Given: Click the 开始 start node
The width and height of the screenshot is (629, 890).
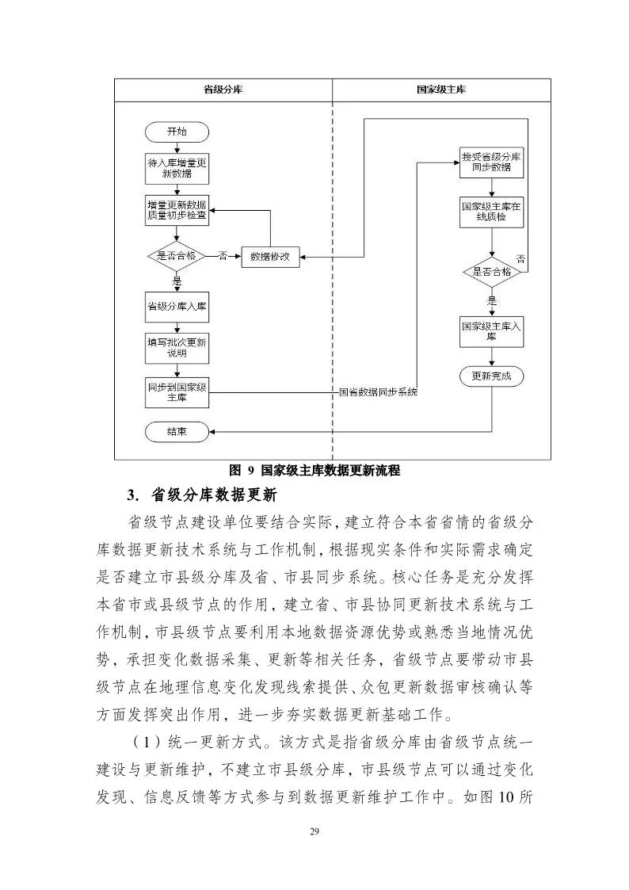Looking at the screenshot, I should coord(177,132).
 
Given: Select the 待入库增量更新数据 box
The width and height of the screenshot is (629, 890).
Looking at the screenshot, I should coord(177,167).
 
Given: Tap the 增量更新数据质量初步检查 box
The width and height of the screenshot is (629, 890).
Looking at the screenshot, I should coord(177,210).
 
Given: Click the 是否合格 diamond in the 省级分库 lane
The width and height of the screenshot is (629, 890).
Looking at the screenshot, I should coord(177,256).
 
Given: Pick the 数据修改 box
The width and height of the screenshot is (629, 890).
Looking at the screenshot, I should coord(270,256).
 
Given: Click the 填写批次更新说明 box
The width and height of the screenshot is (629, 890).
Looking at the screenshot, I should coord(177,348).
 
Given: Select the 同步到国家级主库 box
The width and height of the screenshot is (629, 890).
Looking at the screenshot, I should coord(177,392).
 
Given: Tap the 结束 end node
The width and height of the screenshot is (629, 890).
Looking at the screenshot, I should coord(177,432).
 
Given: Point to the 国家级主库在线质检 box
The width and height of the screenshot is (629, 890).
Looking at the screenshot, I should coord(491,211).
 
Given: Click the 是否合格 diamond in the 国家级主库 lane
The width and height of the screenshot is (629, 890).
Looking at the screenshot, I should coord(491,271).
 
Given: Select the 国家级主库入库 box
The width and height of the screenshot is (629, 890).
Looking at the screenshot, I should coord(491,330).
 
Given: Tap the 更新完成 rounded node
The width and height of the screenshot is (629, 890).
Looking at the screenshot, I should coord(491,376).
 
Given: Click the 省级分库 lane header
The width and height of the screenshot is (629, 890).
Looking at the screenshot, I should coord(223,90).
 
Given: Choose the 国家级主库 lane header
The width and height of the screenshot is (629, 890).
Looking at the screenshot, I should coord(441,90).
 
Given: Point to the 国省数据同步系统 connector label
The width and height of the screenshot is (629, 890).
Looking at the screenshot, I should coord(378,392).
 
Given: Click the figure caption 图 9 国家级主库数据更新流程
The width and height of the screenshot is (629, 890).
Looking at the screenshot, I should coord(314,470).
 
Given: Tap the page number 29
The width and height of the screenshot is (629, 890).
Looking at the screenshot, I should coord(314,830).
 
